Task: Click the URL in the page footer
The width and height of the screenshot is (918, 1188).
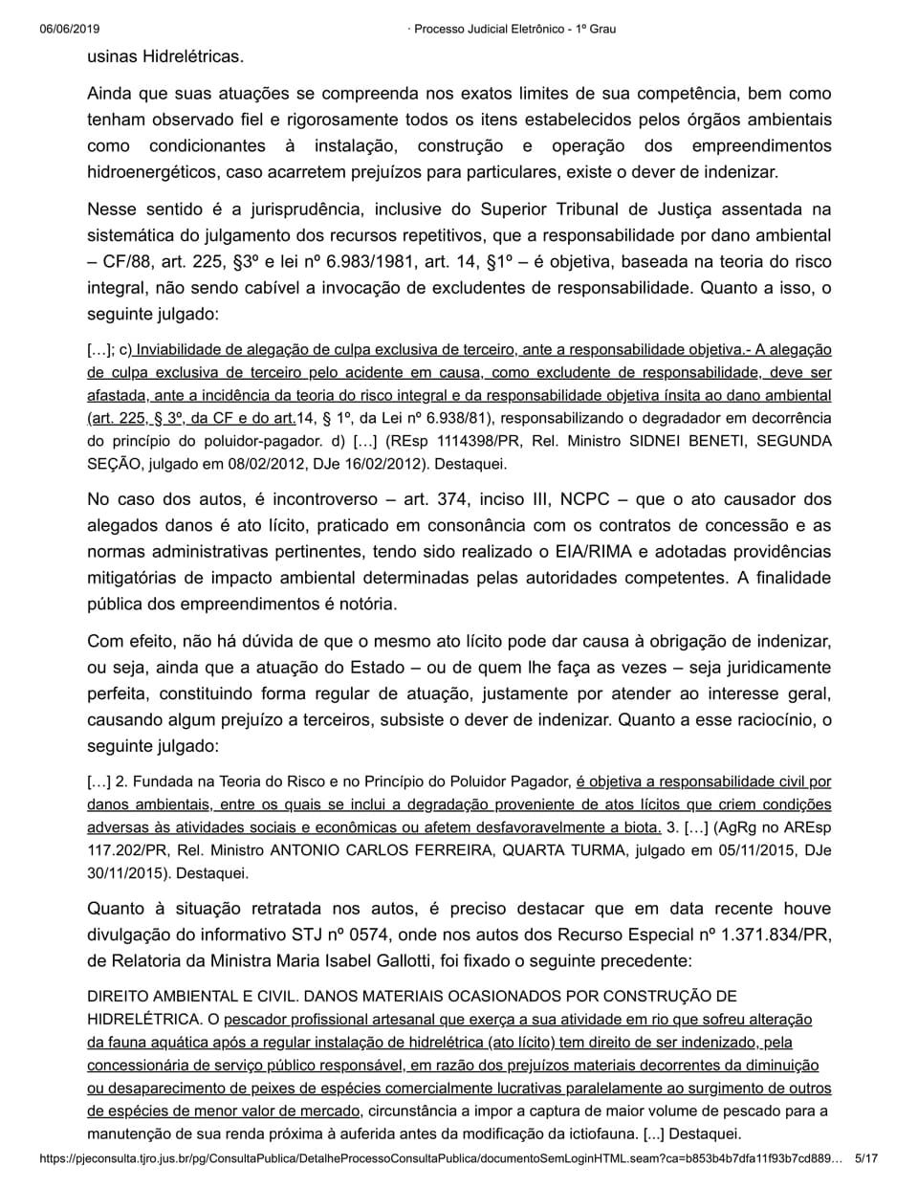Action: [x=441, y=1158]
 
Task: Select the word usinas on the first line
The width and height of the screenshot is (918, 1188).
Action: [x=113, y=56]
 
